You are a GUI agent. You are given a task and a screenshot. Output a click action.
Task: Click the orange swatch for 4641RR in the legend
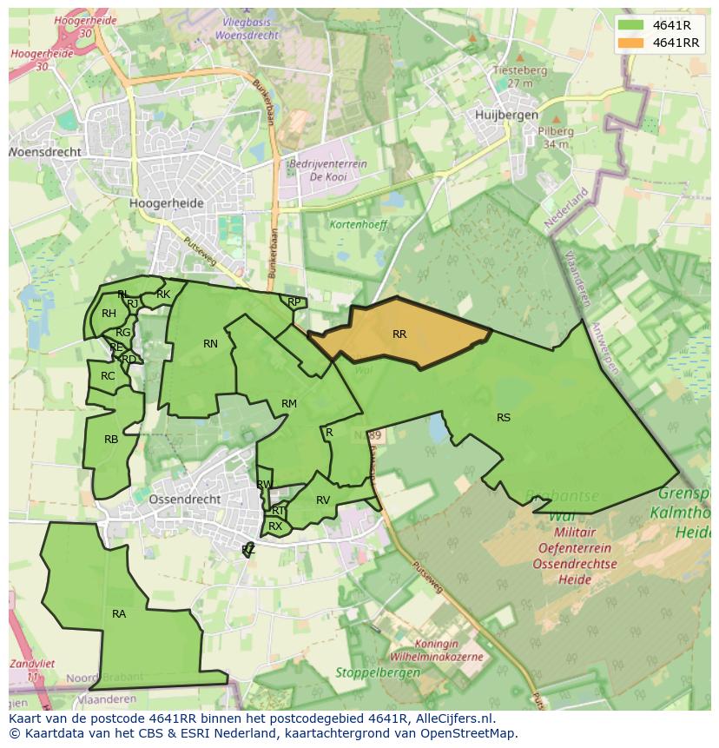coord(631,43)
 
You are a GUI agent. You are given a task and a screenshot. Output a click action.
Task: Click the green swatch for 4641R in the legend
coord(631,25)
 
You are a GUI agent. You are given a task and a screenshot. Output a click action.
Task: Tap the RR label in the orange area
coord(399,334)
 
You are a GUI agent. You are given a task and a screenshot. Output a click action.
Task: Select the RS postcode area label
coord(504,418)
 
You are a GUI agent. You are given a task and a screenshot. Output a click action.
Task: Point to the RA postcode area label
coord(119,614)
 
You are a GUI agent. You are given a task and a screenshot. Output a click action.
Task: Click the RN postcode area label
coord(210,344)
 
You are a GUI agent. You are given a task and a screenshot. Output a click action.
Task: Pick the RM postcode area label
coord(289,404)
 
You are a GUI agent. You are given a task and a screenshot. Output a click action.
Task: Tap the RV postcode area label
coord(323,500)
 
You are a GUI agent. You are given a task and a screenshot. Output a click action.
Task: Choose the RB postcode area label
coord(111,440)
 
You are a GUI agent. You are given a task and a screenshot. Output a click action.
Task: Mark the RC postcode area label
coord(108,376)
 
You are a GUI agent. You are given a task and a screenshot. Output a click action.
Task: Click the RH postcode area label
coord(109,314)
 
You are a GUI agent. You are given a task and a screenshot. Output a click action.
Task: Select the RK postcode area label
coord(163,295)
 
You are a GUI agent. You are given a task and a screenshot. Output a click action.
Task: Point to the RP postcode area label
coord(294,302)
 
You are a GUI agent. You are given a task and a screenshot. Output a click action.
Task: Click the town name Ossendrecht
coord(185,500)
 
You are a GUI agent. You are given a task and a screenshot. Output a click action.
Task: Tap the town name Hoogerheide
coord(166,203)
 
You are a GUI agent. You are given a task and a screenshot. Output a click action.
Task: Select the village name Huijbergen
coord(507,115)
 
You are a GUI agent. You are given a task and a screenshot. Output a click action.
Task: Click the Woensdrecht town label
coord(45,152)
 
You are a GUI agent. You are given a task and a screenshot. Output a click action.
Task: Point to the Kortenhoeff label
coord(359,224)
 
